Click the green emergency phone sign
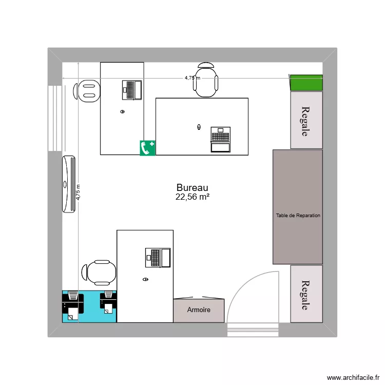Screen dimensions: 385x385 pos(148,148)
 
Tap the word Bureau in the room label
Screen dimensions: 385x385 pos(192,188)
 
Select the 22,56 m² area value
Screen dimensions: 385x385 pos(192,197)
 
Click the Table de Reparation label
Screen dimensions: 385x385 pos(298,216)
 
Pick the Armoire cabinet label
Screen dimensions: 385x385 pos(199,310)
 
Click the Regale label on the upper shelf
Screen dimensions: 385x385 pos(306,121)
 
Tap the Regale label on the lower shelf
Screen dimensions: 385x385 pos(306,295)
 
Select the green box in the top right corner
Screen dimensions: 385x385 pos(306,83)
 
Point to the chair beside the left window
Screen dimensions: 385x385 pos(87,91)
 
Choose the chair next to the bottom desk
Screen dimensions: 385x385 pos(99,272)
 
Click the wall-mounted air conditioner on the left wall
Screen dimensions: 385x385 pos(69,184)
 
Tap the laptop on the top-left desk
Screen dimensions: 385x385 pos(132,90)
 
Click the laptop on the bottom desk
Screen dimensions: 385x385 pos(158,257)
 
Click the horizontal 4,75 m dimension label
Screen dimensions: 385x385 pos(192,78)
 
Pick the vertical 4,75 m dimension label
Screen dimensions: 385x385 pos(78,192)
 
